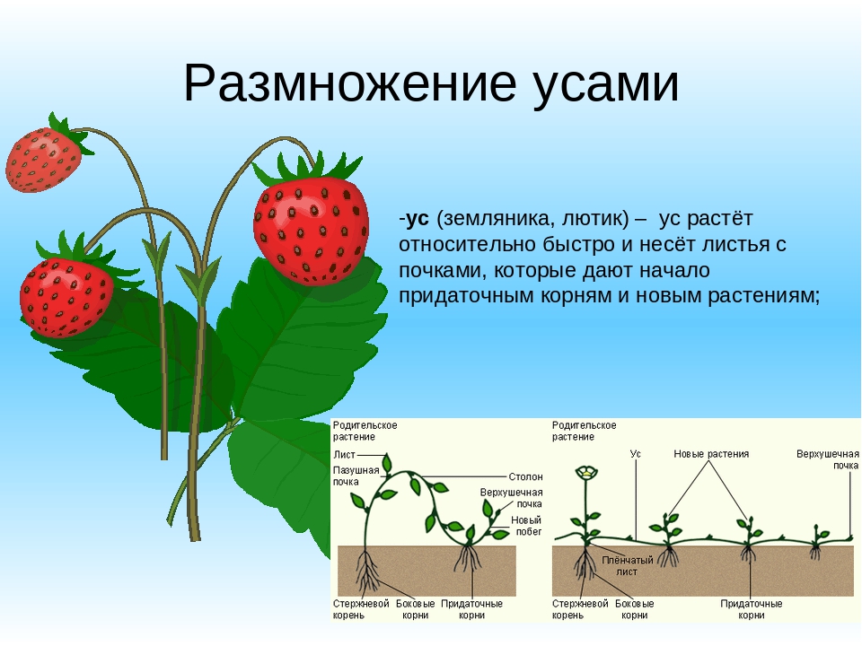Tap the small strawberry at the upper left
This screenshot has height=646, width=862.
(42, 159)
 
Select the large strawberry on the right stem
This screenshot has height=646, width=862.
(311, 229)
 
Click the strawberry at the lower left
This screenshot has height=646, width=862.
(66, 295)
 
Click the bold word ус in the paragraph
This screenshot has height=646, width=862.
(417, 220)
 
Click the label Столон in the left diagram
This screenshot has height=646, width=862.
(524, 476)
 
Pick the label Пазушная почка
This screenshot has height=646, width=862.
(353, 476)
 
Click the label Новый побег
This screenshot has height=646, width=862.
(526, 526)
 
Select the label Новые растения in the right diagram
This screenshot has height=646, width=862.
(711, 455)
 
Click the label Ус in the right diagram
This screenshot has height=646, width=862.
(636, 455)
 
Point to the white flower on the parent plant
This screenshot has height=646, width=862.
(586, 473)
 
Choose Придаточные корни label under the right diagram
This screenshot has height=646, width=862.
(752, 609)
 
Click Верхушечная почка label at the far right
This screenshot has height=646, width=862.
(827, 459)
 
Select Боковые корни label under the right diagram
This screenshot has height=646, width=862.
(635, 609)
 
